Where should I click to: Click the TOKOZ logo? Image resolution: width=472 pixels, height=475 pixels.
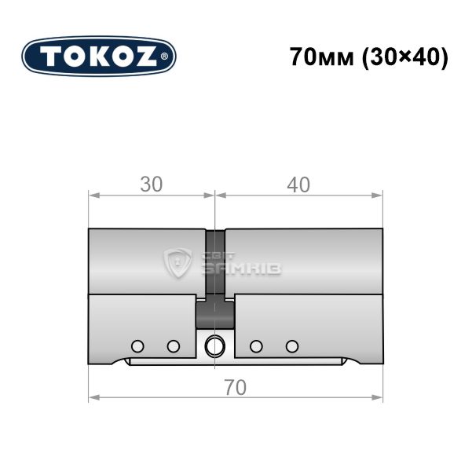click(x=99, y=57)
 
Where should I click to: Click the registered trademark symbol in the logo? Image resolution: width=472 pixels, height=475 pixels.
click(x=164, y=57)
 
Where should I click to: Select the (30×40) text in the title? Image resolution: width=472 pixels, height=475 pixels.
click(x=405, y=57)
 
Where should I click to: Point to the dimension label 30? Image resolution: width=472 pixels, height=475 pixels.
click(x=152, y=185)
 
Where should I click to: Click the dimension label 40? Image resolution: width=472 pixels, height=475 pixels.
click(x=298, y=185)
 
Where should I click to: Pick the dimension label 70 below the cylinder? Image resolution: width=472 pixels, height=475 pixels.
click(x=236, y=387)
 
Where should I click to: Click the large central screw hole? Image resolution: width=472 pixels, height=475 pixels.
click(x=215, y=346)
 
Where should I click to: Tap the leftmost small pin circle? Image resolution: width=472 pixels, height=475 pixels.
click(x=137, y=346)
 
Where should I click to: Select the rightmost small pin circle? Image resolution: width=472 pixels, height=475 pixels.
click(x=292, y=346)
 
